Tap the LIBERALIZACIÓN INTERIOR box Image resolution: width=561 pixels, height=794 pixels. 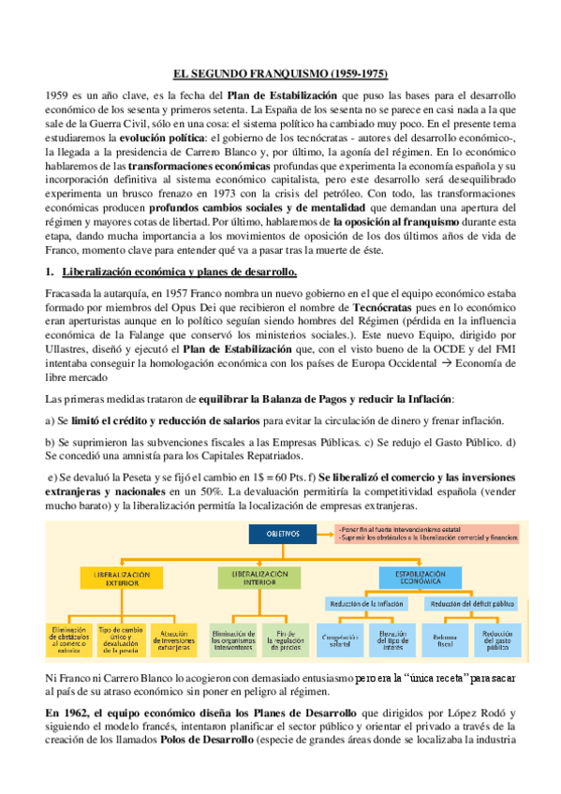(253, 576)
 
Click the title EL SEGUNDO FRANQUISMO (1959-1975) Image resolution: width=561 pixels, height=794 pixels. (281, 73)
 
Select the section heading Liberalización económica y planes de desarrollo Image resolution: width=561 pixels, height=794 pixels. (179, 272)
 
